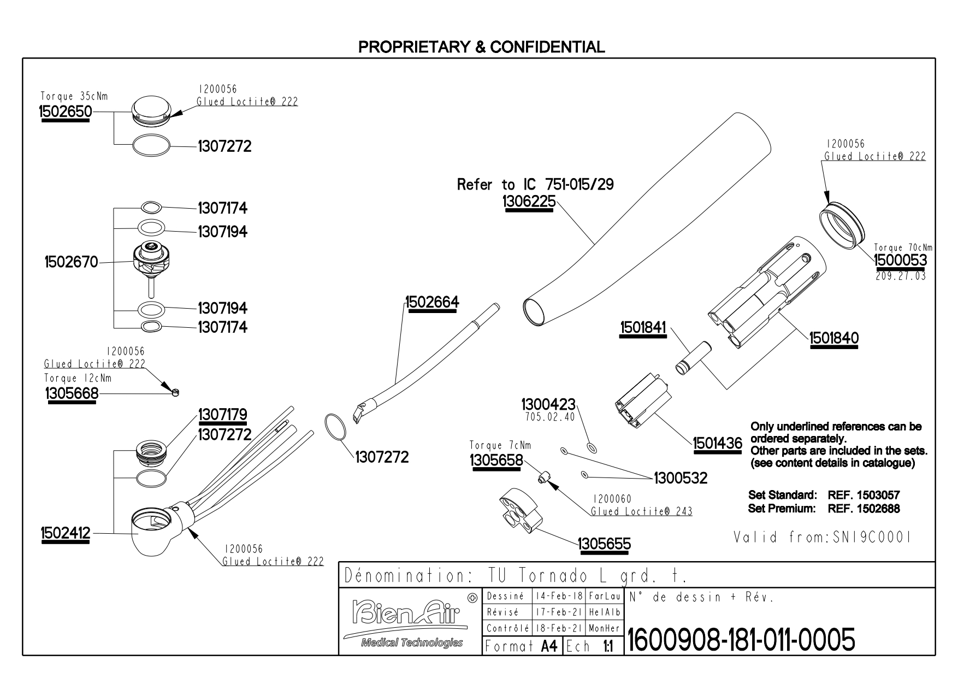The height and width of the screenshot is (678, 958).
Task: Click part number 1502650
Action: point(65,111)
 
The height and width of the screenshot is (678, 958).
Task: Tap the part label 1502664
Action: point(432,302)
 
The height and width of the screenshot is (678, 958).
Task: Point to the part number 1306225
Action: point(529,202)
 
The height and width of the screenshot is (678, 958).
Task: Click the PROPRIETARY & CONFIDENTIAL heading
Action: point(481,47)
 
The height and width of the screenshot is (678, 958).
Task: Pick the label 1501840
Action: point(834,338)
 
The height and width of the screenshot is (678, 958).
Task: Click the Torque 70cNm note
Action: point(903,247)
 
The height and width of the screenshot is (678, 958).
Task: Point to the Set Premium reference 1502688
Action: point(864,509)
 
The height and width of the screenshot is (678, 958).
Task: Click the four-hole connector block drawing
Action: point(519,510)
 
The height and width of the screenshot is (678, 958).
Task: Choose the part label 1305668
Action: point(72,393)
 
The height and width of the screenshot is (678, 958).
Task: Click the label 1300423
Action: point(548,405)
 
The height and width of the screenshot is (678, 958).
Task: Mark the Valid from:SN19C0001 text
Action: point(823,538)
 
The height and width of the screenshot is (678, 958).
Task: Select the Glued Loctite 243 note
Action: point(641,511)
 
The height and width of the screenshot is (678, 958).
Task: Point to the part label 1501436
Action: point(718,443)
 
